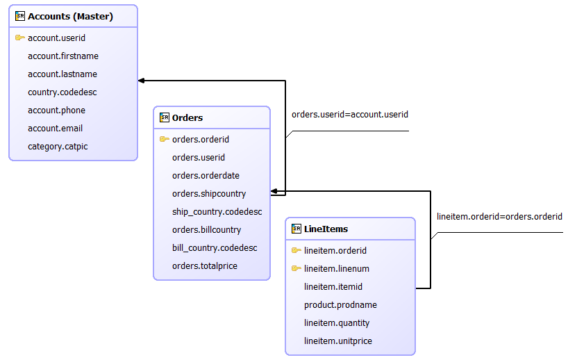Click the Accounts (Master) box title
pyautogui.click(x=70, y=16)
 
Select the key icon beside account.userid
pyautogui.click(x=19, y=38)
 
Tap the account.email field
pyautogui.click(x=55, y=129)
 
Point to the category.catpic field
pyautogui.click(x=58, y=147)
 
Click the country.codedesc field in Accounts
pyautogui.click(x=62, y=92)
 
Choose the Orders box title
pyautogui.click(x=187, y=118)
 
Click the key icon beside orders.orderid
pyautogui.click(x=164, y=140)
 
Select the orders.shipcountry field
pyautogui.click(x=209, y=194)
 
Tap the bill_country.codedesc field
pyautogui.click(x=215, y=248)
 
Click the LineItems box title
pyautogui.click(x=326, y=229)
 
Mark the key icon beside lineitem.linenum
pyautogui.click(x=296, y=269)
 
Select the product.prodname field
pyautogui.click(x=340, y=305)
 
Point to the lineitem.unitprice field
pyautogui.click(x=337, y=341)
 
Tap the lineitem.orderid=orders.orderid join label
pyautogui.click(x=499, y=217)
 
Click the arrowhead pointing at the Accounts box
pyautogui.click(x=142, y=81)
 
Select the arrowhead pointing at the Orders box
pyautogui.click(x=274, y=191)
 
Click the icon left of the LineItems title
pyautogui.click(x=296, y=229)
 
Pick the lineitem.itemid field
pyautogui.click(x=333, y=287)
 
